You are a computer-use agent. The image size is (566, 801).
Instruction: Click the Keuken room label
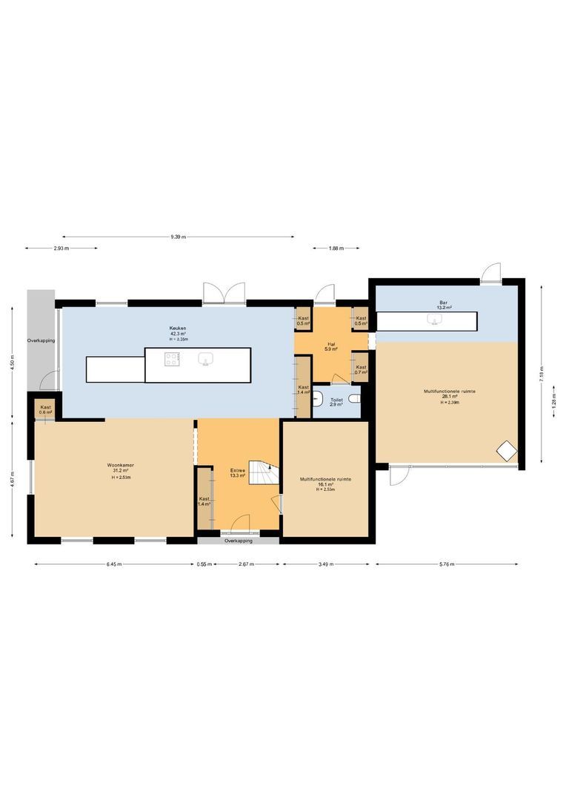(177, 328)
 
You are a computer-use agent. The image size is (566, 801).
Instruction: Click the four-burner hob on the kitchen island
(172, 360)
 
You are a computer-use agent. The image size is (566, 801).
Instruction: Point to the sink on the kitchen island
(206, 360)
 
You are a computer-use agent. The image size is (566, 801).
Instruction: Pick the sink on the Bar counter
(434, 320)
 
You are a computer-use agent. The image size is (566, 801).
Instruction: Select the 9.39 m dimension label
(178, 237)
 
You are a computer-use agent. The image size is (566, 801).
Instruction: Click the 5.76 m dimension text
(447, 564)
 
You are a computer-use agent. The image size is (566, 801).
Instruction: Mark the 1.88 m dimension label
(336, 248)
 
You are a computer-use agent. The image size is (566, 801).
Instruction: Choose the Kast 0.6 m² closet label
(45, 409)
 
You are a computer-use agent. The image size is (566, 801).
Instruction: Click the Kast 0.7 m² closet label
(361, 369)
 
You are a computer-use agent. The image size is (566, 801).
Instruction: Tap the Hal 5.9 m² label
(331, 346)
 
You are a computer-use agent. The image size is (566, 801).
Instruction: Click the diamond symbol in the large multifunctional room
(506, 450)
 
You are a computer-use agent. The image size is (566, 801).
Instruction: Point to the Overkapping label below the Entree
(239, 541)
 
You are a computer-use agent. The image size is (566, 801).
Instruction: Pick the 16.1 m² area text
(326, 485)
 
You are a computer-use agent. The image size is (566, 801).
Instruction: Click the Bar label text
(444, 303)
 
